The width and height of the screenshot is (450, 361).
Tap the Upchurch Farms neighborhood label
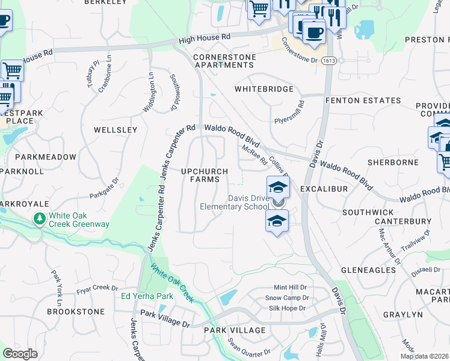(x=205, y=175)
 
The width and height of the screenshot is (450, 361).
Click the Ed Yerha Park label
(x=147, y=296)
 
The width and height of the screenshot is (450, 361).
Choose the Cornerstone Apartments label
(x=224, y=61)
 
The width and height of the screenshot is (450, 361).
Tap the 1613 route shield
(x=328, y=61)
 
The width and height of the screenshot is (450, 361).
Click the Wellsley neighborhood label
(x=116, y=129)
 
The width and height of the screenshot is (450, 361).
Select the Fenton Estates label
(x=363, y=100)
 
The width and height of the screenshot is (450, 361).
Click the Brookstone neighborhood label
(x=76, y=312)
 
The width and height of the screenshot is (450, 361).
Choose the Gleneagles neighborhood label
(x=368, y=270)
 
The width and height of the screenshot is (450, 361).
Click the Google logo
(x=20, y=354)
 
